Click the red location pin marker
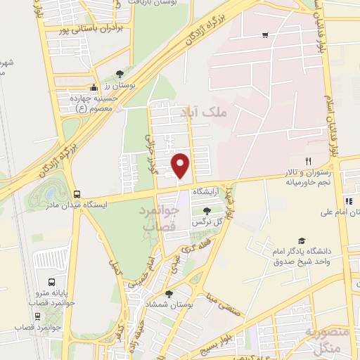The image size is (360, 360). (x=181, y=166)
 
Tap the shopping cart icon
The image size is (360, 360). (x=265, y=34)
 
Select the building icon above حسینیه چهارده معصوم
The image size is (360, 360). (x=94, y=89)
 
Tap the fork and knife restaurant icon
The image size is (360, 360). (x=308, y=161)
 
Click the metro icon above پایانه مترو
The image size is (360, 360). (x=49, y=281)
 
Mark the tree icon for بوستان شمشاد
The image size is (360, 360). (x=167, y=295)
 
